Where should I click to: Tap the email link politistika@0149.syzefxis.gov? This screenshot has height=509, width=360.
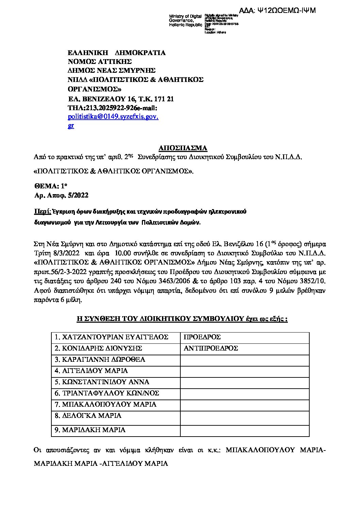(113, 117)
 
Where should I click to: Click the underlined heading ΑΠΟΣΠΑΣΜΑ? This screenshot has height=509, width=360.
(183, 148)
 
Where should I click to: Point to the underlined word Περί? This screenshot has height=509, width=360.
(42, 211)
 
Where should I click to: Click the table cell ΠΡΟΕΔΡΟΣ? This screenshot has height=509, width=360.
(202, 337)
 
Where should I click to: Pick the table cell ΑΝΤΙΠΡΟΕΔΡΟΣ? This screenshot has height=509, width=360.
(211, 348)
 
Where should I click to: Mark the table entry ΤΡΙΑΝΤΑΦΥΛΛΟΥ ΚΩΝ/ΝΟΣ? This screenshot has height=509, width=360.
(107, 393)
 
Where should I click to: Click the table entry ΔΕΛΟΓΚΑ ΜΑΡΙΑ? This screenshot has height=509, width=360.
(88, 415)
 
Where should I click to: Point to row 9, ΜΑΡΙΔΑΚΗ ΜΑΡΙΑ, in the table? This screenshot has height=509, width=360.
(90, 430)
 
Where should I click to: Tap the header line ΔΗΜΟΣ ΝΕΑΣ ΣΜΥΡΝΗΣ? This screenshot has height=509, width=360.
(112, 70)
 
